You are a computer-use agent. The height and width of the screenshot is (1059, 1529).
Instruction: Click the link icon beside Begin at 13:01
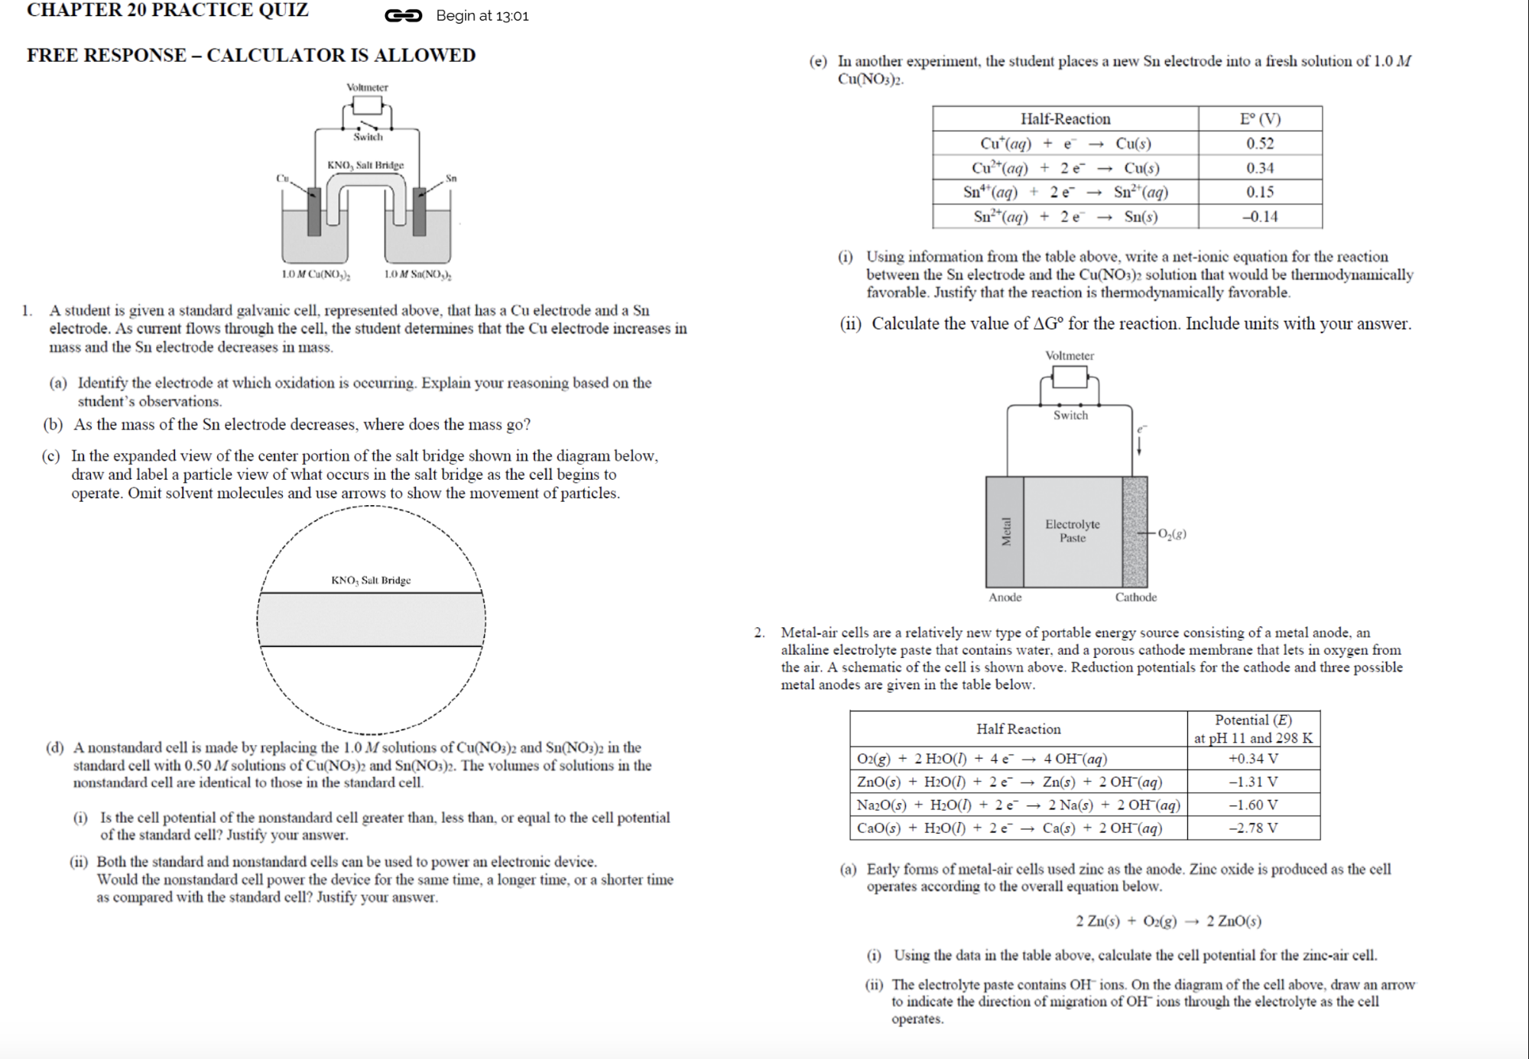[403, 15]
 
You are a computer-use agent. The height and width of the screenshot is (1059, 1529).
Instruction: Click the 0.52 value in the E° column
[1259, 144]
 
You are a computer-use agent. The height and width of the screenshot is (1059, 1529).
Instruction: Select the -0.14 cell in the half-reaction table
[1259, 217]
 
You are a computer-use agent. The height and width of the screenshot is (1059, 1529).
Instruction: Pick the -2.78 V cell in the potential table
[1252, 828]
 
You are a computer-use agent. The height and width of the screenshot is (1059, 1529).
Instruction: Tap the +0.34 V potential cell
[1252, 759]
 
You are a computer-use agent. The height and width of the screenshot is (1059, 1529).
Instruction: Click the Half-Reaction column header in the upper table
[1065, 119]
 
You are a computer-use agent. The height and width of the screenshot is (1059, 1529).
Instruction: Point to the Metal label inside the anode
[1006, 532]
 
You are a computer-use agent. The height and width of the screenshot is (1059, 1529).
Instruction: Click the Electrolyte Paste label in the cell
[1073, 531]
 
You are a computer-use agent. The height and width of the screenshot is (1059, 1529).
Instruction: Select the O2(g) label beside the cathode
[1172, 534]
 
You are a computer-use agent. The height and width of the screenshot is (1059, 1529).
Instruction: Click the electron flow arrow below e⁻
[1139, 445]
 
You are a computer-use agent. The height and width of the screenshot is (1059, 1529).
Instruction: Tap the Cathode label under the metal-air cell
[1135, 598]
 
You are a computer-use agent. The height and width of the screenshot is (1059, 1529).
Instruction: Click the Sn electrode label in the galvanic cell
[451, 178]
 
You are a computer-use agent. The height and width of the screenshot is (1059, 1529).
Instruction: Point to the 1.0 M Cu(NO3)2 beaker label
[316, 274]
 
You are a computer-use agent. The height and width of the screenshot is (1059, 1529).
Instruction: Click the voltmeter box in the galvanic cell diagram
[367, 105]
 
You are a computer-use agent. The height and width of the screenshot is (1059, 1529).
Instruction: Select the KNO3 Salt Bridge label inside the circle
[371, 581]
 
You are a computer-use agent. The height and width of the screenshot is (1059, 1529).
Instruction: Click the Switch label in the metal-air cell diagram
[1070, 416]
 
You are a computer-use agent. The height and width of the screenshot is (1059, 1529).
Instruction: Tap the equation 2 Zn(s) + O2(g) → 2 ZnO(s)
[1168, 921]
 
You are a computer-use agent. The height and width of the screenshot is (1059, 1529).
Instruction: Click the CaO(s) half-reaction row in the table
[1009, 828]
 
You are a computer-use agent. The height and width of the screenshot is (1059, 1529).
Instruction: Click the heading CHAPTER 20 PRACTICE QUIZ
[168, 11]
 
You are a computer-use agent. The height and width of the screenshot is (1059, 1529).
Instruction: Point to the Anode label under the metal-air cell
[1005, 598]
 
